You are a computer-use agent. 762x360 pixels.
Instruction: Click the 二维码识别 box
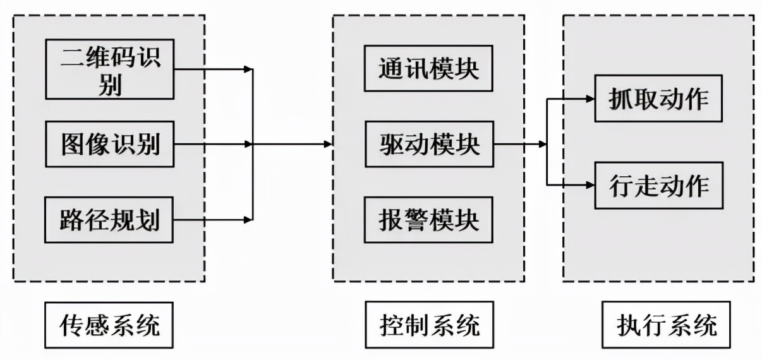[109, 69]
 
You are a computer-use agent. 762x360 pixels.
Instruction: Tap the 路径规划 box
[109, 220]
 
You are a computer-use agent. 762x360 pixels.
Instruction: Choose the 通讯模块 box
[428, 68]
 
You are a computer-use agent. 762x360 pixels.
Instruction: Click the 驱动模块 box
[428, 145]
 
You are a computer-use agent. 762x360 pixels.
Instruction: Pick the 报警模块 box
[428, 220]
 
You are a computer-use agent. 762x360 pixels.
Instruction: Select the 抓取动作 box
[658, 99]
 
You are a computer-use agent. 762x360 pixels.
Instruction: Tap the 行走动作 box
[658, 186]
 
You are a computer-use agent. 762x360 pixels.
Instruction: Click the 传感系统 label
[109, 326]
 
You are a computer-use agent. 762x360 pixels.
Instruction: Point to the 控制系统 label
[430, 326]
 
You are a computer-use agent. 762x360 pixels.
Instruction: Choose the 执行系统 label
[667, 326]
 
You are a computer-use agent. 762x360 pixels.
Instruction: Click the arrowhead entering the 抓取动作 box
[590, 99]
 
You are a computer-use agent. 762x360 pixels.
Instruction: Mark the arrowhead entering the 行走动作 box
[590, 186]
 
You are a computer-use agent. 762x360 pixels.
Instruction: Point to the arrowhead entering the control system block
[328, 144]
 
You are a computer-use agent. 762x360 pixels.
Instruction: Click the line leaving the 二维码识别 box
[209, 69]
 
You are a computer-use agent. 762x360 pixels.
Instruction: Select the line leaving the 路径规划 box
[209, 220]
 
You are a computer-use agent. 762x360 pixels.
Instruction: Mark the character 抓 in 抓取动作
[619, 99]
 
